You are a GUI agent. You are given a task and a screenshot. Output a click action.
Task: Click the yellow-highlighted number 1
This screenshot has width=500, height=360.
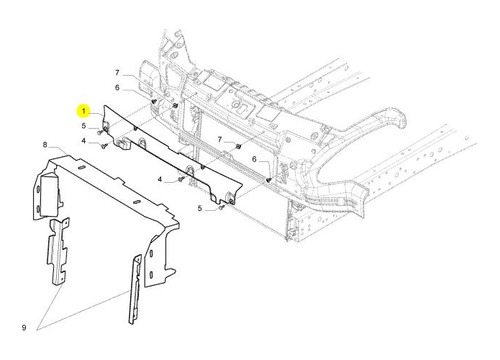click(84, 111)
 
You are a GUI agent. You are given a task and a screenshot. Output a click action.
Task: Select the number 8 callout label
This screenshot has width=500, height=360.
click(45, 145)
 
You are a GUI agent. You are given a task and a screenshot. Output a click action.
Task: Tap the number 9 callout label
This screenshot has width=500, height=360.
click(24, 328)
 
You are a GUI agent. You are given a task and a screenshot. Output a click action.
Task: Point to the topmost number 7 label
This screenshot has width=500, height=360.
click(117, 72)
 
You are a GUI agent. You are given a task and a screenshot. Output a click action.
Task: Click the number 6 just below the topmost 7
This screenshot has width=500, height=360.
click(117, 88)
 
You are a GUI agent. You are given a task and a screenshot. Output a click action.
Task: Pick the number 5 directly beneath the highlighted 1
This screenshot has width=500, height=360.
click(84, 126)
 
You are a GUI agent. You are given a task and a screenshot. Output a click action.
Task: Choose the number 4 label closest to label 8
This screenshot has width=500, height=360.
click(84, 141)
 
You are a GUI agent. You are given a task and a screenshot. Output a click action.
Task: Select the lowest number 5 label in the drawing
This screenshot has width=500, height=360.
click(200, 209)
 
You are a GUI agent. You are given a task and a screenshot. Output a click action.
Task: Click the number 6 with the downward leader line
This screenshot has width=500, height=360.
click(254, 159)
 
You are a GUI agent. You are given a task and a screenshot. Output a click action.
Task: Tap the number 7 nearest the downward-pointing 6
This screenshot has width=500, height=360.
click(220, 139)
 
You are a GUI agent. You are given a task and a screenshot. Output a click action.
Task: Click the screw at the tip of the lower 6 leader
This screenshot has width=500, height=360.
click(269, 180)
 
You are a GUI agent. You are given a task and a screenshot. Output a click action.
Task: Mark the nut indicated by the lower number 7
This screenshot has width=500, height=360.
click(239, 146)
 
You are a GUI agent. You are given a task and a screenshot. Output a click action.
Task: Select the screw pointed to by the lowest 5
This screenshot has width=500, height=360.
click(221, 208)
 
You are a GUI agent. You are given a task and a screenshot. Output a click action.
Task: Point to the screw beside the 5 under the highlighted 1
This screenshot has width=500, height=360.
click(99, 132)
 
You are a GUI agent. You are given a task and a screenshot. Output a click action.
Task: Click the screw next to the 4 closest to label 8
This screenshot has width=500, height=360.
click(104, 146)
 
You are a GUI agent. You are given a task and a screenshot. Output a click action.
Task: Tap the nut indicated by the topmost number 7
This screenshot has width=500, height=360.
click(175, 106)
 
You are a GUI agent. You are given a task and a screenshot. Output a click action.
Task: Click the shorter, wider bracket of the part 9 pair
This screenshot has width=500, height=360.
click(58, 252)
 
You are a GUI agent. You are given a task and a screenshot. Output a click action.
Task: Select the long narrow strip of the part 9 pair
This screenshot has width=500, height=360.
click(135, 290)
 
